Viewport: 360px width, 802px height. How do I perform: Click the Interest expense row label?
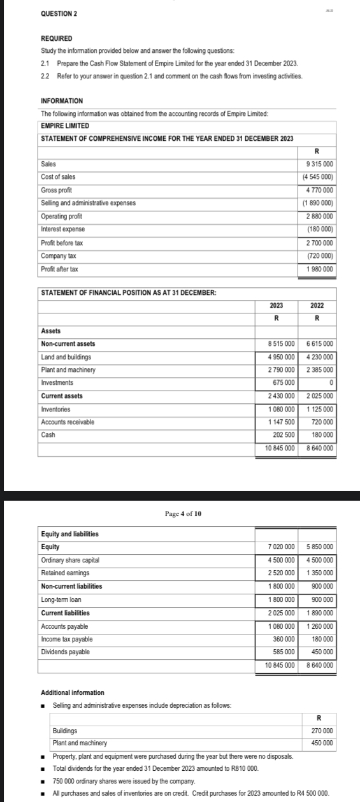(x=63, y=229)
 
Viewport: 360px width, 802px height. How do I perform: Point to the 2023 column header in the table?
(x=277, y=306)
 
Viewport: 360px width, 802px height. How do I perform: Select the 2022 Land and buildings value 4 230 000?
(x=320, y=357)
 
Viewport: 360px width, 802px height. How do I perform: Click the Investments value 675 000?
(x=281, y=382)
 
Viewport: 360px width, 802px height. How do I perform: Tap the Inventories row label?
(x=56, y=409)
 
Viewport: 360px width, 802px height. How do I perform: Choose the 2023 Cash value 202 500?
(x=281, y=435)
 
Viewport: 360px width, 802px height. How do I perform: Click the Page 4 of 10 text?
(x=183, y=513)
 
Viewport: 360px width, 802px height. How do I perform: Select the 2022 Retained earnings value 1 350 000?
(x=320, y=573)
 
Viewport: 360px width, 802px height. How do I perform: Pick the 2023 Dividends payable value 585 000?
(x=281, y=652)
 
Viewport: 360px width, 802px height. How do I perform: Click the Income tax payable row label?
(x=67, y=639)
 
